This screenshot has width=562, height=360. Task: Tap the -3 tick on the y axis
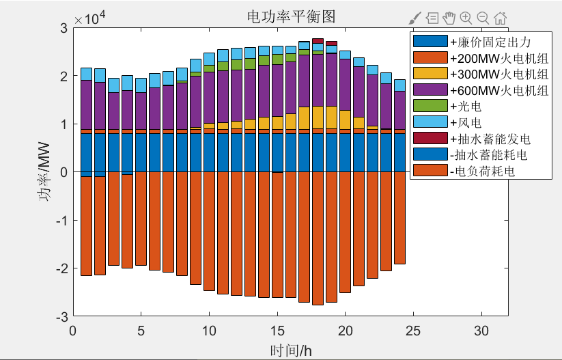[61, 317]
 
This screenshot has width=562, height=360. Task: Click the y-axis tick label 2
[63, 76]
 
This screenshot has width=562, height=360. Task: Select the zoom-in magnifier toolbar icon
[466, 18]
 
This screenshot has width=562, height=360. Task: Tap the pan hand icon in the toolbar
[449, 18]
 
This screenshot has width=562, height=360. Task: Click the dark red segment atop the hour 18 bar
[318, 41]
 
